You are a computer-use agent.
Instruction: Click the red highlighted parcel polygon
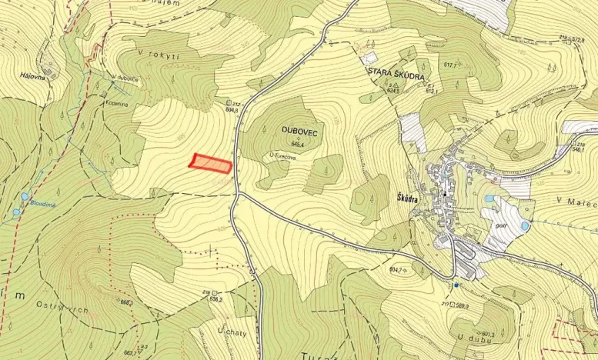click(211, 163)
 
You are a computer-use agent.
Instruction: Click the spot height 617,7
click(451, 65)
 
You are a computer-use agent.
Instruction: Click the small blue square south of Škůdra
click(456, 285)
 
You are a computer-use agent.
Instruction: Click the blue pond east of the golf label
click(525, 226)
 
